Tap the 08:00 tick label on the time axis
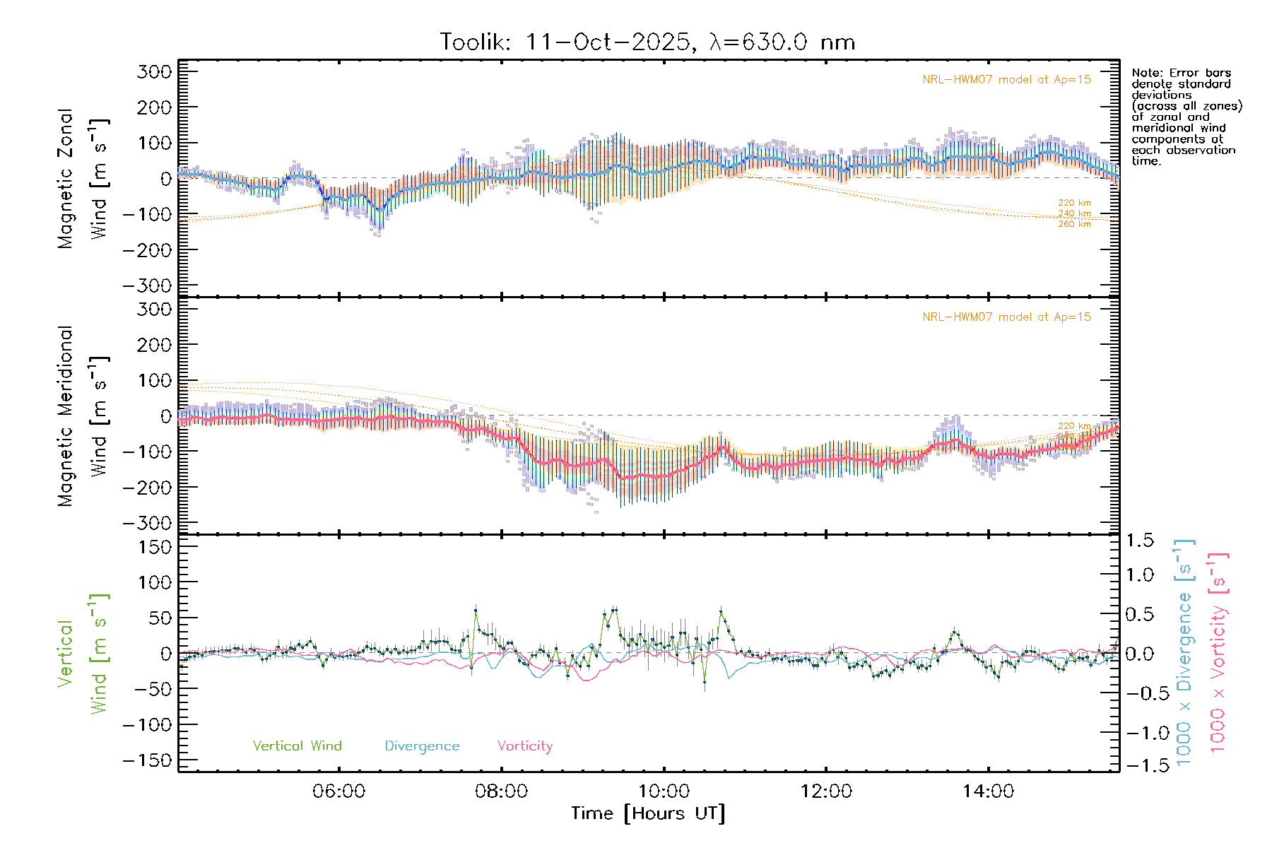tap(501, 791)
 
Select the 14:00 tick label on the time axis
tap(988, 791)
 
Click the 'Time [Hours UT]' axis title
tap(648, 813)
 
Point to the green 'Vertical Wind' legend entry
tap(297, 746)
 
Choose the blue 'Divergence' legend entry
tap(422, 746)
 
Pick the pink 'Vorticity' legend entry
tap(524, 746)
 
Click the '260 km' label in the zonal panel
tap(1074, 224)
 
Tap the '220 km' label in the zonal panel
tap(1074, 203)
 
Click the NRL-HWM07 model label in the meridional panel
tap(1006, 317)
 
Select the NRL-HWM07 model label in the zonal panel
tap(1006, 80)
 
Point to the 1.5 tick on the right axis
tap(1139, 541)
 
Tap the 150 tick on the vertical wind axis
tap(155, 547)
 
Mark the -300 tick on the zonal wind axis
tap(148, 285)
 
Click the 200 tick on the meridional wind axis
tap(155, 345)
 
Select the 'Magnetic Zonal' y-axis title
tap(66, 179)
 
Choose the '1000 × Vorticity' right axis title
tap(1218, 652)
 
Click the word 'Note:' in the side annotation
tap(1146, 73)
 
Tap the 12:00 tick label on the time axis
tap(825, 791)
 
